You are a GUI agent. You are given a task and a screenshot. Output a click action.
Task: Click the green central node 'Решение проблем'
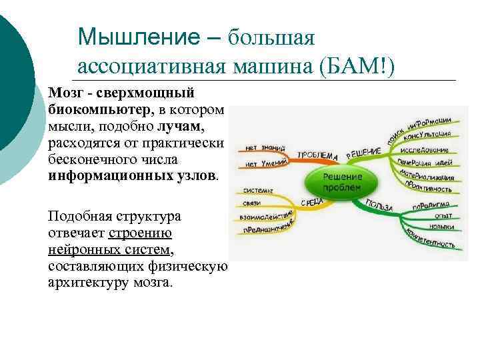pyautogui.click(x=343, y=181)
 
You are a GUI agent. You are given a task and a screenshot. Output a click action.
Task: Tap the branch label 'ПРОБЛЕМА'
pyautogui.click(x=317, y=154)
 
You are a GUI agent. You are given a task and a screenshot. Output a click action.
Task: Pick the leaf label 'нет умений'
pyautogui.click(x=264, y=162)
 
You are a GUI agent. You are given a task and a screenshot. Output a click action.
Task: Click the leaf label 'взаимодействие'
pyautogui.click(x=265, y=215)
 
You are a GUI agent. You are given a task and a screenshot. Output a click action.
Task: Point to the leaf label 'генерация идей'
pyautogui.click(x=426, y=163)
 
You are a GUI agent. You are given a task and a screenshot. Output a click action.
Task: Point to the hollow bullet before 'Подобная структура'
pyautogui.click(x=41, y=217)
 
